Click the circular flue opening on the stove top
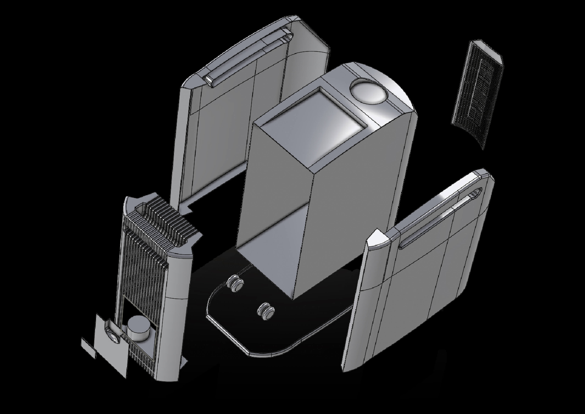(368, 92)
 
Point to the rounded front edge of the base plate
(270, 353)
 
